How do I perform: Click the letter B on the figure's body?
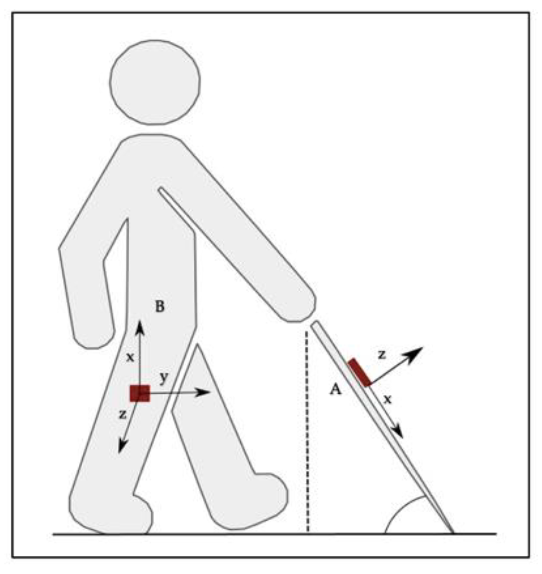pos(160,306)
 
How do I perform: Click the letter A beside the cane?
pos(335,389)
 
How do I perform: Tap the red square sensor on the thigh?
pos(140,393)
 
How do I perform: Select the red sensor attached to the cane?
pos(359,372)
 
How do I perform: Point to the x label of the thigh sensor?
pos(130,357)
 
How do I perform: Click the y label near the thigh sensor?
pos(164,377)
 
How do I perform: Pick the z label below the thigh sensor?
pos(123,414)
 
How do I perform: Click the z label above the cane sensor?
pos(382,354)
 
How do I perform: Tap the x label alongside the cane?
pos(387,399)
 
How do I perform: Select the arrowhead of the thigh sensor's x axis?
pos(140,328)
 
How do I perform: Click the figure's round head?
pos(155,82)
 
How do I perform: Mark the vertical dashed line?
pos(308,431)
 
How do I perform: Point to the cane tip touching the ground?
pos(453,533)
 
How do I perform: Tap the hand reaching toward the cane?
pos(298,306)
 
